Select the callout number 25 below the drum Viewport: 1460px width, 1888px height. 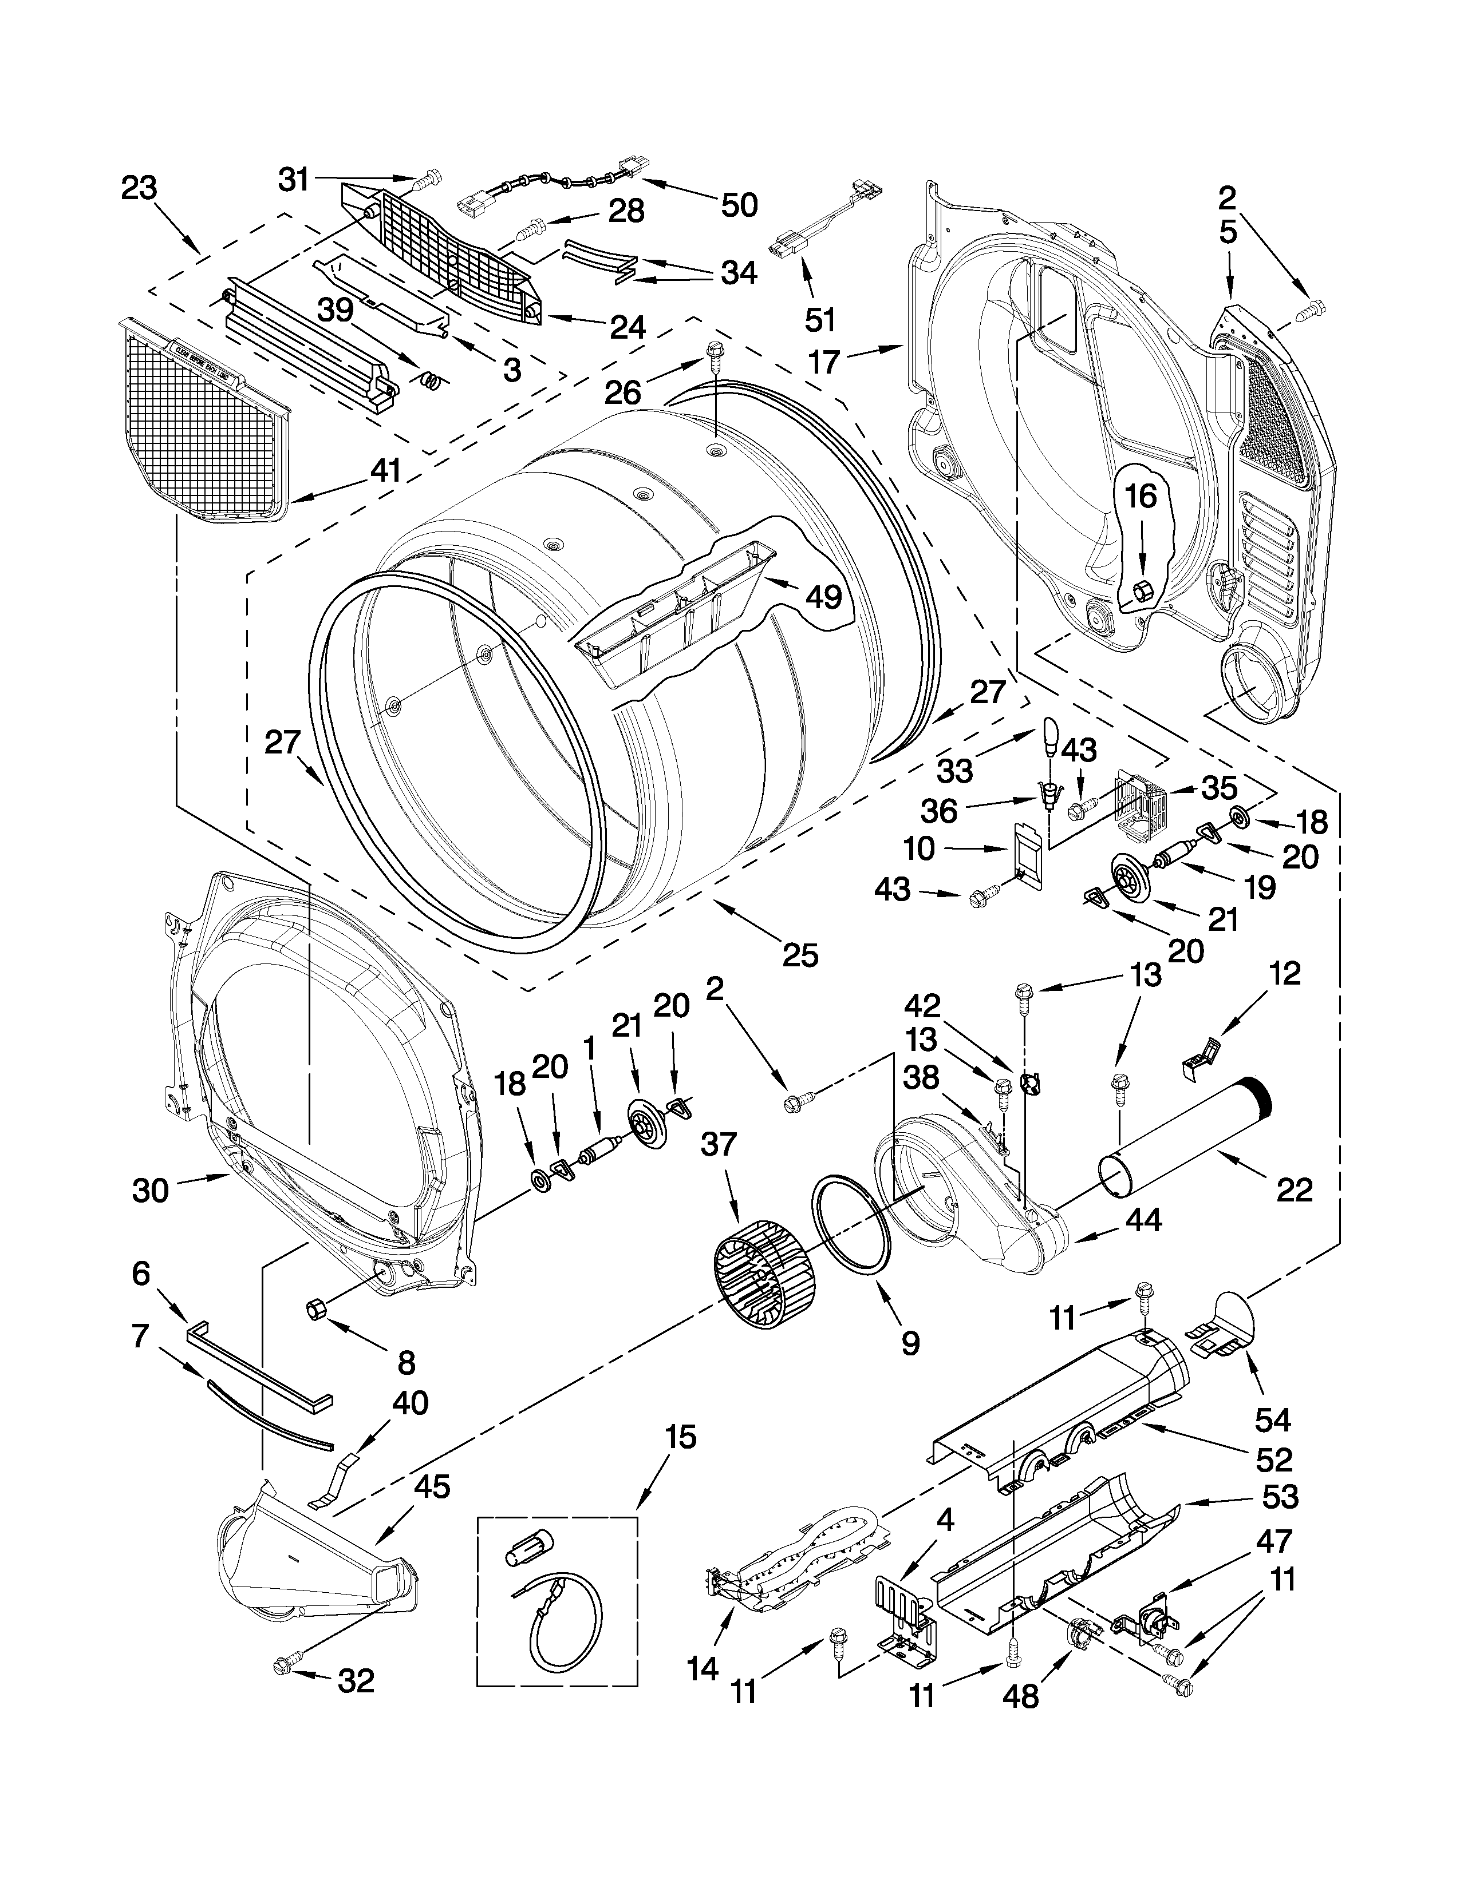(799, 955)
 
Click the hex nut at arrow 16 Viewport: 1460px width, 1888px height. (1141, 592)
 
